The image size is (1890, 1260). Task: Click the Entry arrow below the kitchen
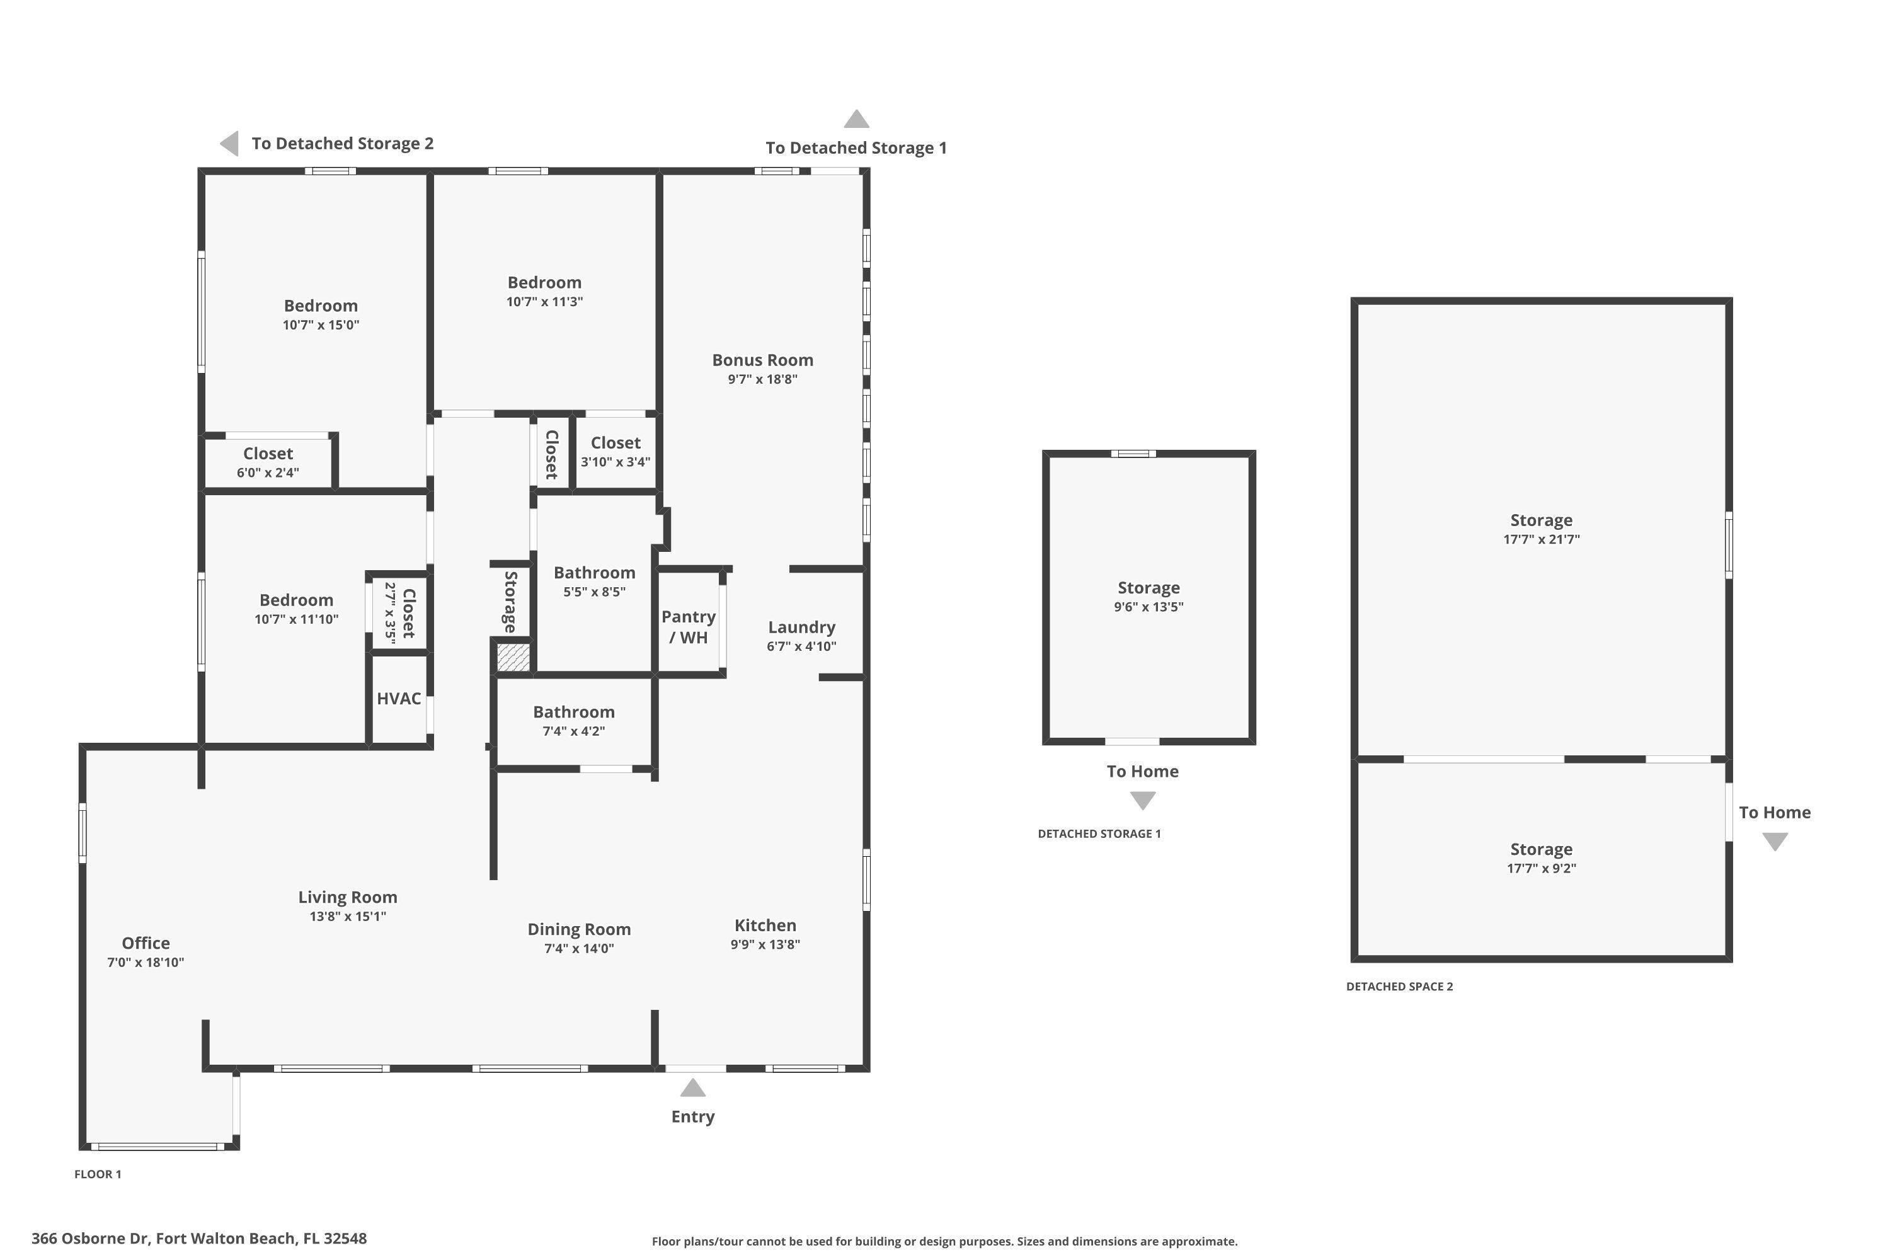click(x=692, y=1088)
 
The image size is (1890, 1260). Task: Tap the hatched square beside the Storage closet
click(x=513, y=657)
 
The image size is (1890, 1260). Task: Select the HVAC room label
click(x=399, y=698)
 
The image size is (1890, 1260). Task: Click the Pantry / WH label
click(x=689, y=627)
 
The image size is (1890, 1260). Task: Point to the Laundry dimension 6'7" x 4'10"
click(x=801, y=646)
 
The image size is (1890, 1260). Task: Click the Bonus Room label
click(x=762, y=360)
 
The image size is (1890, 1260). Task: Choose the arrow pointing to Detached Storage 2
click(x=230, y=144)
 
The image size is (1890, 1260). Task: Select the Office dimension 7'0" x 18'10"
click(x=146, y=962)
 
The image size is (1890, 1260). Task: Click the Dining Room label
click(x=578, y=929)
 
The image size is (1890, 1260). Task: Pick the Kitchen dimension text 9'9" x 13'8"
click(x=765, y=944)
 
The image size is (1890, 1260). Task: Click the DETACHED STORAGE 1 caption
click(x=1099, y=833)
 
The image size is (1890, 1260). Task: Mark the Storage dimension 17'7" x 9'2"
click(x=1541, y=868)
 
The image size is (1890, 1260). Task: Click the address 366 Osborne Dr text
click(x=199, y=1239)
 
